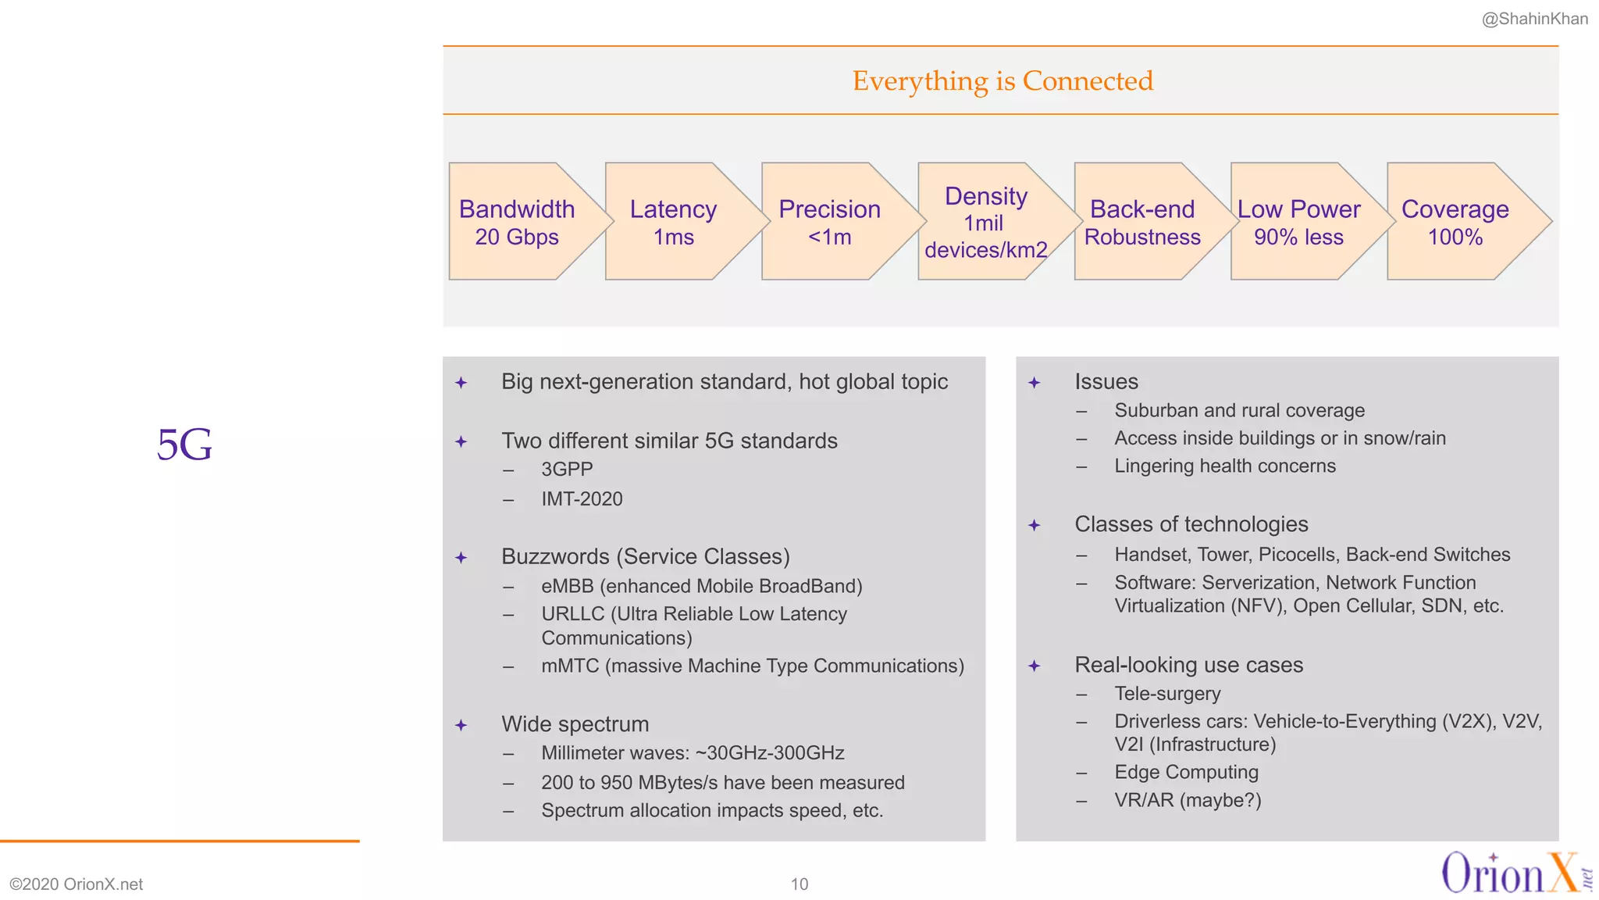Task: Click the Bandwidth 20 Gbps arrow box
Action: pos(518,222)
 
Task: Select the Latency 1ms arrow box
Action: pos(673,222)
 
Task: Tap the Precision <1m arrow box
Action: pos(829,222)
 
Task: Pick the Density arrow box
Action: pos(985,222)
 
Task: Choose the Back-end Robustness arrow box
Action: pos(1142,222)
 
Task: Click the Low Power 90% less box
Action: pos(1298,222)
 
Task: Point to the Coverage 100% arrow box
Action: pos(1455,222)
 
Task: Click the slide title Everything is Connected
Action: pos(1002,80)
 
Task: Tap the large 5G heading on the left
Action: pos(184,445)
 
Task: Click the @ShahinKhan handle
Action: pos(1534,19)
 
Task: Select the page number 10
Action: pos(799,884)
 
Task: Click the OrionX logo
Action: pos(1515,873)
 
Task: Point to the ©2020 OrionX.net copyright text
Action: pos(77,884)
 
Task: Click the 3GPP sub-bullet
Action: pos(567,470)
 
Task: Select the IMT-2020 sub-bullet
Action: pos(582,499)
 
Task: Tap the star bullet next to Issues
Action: pos(1034,383)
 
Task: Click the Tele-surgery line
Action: pos(1167,694)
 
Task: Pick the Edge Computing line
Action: pos(1186,772)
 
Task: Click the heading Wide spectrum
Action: pos(575,724)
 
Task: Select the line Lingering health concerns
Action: pos(1224,466)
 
